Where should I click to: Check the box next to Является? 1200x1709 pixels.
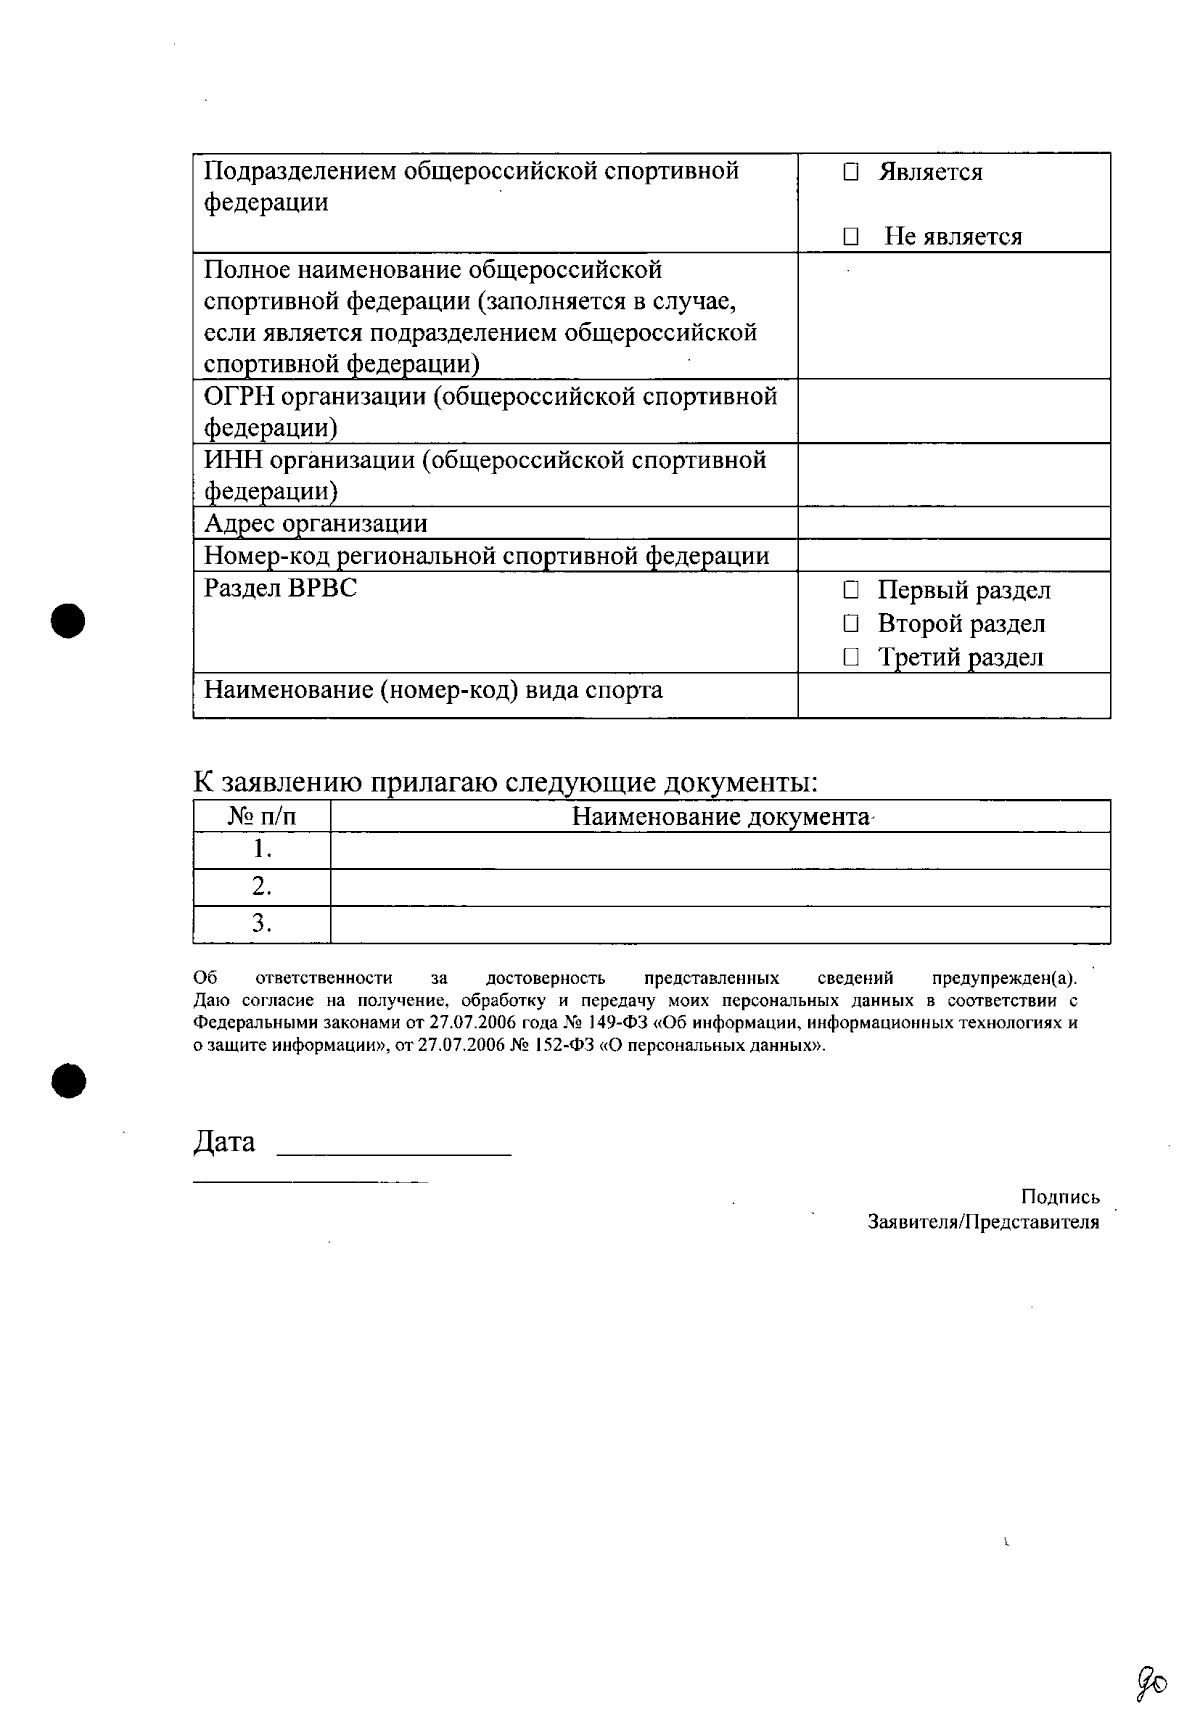[x=850, y=173]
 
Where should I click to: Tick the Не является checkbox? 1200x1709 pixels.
[x=850, y=238]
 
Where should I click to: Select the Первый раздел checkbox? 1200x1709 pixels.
[x=850, y=591]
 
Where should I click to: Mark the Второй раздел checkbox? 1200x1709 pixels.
[x=850, y=624]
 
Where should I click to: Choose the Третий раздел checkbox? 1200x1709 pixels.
[x=850, y=658]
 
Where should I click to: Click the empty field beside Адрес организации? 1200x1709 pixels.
[x=953, y=523]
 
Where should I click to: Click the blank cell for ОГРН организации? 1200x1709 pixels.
[x=953, y=411]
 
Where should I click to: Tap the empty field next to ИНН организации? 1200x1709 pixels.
[x=953, y=475]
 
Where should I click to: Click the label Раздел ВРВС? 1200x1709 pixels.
[x=280, y=588]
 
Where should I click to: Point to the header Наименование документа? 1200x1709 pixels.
[x=720, y=817]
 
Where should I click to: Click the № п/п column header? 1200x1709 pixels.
[x=262, y=817]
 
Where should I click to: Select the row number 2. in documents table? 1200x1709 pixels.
[x=262, y=887]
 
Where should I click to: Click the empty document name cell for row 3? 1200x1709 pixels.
[x=720, y=924]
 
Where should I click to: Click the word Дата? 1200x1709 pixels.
[x=224, y=1142]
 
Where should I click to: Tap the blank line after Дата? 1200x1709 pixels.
[x=393, y=1148]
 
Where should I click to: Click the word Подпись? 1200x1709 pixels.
[x=1060, y=1197]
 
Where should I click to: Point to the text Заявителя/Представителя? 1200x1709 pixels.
[x=983, y=1222]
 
